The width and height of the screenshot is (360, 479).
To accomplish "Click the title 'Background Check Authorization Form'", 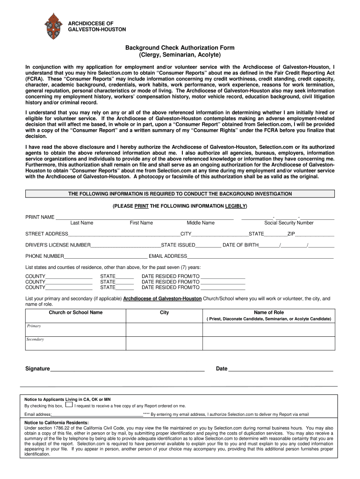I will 180,48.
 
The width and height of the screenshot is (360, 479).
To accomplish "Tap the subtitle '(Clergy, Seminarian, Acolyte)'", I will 180,55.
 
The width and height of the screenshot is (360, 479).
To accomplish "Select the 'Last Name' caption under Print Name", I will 82,223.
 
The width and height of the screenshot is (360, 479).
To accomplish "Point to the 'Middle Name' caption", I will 201,223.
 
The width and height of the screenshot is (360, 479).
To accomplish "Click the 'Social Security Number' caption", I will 289,223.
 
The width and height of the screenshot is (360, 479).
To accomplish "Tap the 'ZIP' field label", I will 291,234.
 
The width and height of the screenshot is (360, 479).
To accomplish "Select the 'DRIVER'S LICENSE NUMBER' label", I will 58,245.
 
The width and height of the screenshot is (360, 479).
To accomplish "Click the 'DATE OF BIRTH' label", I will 240,245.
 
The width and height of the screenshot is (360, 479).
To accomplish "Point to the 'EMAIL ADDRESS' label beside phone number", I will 168,256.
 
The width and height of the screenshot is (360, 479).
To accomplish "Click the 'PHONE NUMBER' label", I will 45,256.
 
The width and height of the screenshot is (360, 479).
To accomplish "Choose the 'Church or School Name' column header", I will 76,312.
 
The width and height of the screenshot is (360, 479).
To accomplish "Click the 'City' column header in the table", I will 164,312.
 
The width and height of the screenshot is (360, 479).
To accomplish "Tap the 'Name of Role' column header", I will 269,312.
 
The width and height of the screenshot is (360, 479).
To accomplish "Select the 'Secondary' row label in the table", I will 35,339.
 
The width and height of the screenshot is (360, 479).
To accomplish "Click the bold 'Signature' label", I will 37,369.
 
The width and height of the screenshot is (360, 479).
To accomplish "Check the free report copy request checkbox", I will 69,405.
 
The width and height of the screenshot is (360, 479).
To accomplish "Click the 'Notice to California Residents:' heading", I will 56,422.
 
